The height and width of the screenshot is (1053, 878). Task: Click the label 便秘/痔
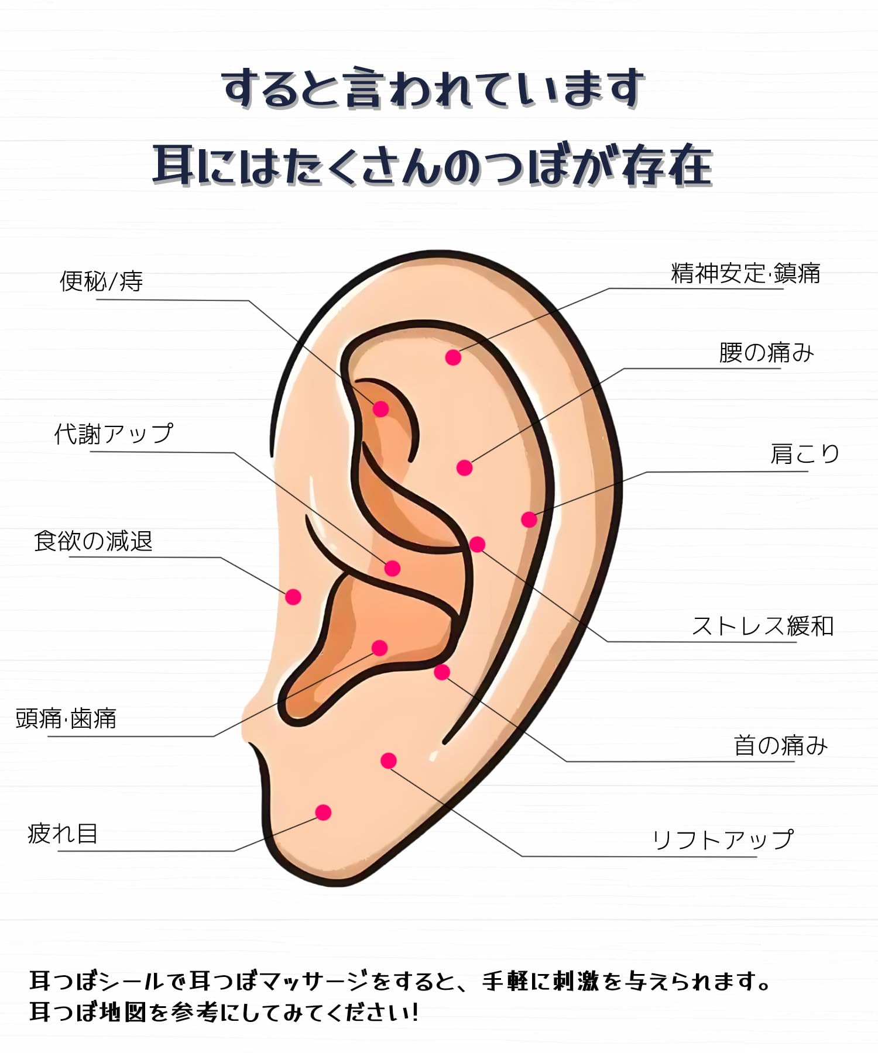click(101, 281)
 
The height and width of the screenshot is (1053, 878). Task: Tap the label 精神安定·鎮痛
click(745, 273)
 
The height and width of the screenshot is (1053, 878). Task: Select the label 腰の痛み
click(766, 353)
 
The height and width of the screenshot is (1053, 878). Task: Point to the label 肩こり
click(805, 453)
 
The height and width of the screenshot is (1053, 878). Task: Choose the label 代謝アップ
click(114, 434)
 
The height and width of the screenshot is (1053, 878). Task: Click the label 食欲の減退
click(93, 541)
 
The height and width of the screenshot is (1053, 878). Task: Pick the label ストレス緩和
click(763, 626)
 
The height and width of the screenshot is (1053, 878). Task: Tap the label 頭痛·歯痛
click(66, 718)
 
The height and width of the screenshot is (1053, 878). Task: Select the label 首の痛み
click(781, 745)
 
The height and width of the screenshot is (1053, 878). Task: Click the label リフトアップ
click(723, 840)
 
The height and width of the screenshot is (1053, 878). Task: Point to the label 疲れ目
click(63, 834)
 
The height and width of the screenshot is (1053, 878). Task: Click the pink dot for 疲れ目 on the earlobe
click(323, 812)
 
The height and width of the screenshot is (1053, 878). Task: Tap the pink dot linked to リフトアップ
click(389, 760)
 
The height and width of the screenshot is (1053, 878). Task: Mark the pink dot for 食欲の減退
click(293, 597)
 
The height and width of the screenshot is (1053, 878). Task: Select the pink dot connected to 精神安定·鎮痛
click(453, 357)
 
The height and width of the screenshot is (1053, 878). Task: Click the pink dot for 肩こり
click(529, 519)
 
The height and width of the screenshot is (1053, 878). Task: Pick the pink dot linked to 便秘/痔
click(381, 408)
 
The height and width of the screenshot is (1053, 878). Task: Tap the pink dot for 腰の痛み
click(464, 468)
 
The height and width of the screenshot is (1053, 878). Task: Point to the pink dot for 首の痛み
click(442, 672)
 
